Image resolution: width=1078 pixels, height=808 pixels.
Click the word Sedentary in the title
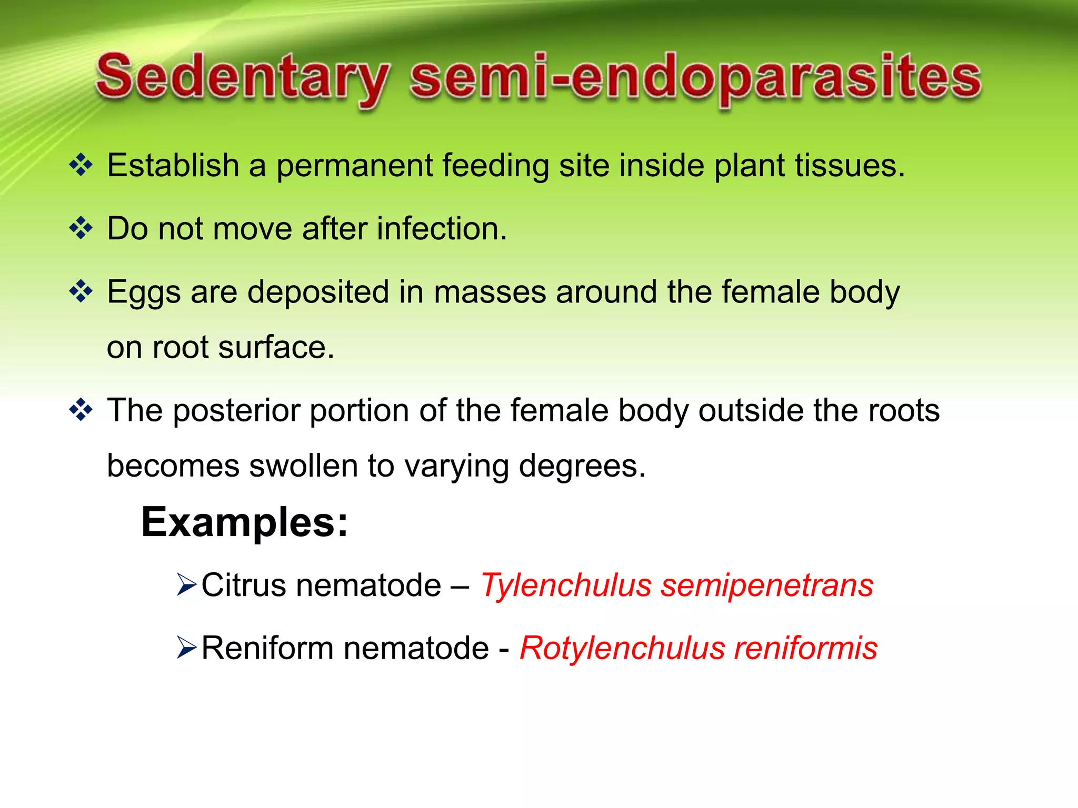tap(242, 79)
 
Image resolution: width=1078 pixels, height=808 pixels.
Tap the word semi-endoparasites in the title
tap(695, 79)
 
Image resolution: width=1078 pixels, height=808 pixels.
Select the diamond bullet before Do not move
tap(81, 228)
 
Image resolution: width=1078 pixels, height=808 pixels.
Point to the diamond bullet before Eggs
tap(81, 291)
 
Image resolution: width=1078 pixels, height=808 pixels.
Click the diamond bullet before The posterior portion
tap(81, 410)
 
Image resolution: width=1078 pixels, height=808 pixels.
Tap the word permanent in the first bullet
tap(354, 166)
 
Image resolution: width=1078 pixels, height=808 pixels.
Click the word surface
tap(276, 348)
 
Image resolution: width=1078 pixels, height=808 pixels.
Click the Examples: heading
tap(245, 522)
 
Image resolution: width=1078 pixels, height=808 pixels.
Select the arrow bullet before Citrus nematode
tap(187, 585)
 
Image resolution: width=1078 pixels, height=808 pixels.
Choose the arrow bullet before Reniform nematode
tap(187, 648)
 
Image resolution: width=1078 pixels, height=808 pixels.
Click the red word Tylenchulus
tap(566, 585)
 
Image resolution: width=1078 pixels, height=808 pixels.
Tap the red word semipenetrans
tap(767, 587)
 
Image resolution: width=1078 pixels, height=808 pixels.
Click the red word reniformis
tap(805, 648)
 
